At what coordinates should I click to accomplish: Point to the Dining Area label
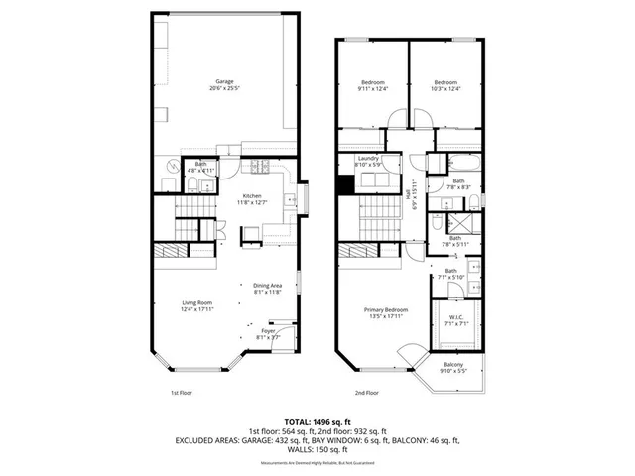pos(267,289)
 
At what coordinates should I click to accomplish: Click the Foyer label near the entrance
pos(269,334)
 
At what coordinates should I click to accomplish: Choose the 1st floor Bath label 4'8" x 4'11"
pos(201,168)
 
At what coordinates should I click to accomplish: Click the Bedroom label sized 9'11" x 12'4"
pos(372,86)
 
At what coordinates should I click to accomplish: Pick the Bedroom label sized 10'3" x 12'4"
pos(445,86)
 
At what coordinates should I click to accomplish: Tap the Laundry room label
pos(369,162)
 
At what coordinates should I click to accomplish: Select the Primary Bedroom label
pos(382,313)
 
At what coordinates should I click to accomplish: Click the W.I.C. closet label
pos(458,320)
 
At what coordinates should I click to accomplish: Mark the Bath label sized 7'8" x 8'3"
pos(458,184)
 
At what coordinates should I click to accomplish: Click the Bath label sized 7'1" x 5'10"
pos(450,275)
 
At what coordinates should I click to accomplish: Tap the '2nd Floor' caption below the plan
pos(366,393)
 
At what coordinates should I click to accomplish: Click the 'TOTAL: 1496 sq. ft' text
pos(317,421)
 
